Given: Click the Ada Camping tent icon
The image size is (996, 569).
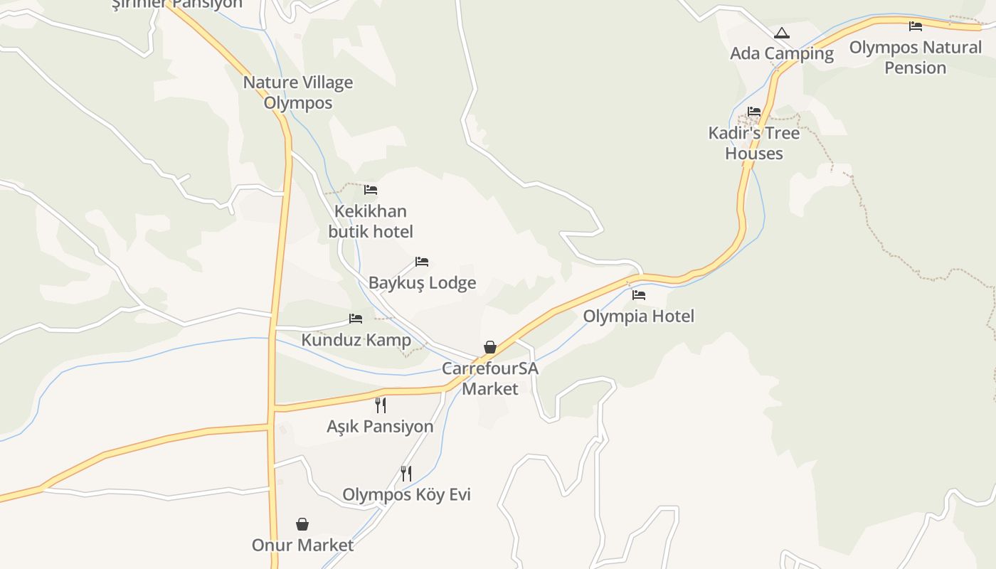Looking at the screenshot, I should (782, 33).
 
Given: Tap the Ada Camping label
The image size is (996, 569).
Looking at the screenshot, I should (782, 53).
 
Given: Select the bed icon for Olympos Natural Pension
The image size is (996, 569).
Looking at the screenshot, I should (916, 26).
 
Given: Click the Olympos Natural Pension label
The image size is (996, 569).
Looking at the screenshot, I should (916, 58).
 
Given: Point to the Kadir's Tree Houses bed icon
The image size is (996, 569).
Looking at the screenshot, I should (754, 112).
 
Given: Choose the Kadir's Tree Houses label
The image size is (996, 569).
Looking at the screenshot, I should (754, 143).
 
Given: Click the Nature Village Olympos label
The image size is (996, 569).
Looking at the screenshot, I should (298, 92).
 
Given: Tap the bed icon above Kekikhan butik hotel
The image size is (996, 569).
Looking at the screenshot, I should (371, 190).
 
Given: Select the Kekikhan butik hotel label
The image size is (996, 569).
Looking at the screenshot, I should (371, 221).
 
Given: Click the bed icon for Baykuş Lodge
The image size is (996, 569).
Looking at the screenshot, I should (422, 262).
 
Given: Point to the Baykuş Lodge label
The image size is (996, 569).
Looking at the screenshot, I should (422, 283).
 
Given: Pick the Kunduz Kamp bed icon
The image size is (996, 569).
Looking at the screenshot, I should (356, 319).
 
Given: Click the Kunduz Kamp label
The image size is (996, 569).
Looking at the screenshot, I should (356, 340).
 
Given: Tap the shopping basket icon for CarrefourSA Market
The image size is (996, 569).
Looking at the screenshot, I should (490, 347).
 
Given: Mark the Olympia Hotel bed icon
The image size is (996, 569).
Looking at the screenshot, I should (639, 294).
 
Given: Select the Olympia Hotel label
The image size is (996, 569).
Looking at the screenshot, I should (639, 316).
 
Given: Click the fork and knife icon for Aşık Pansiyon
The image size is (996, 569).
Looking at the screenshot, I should (381, 405).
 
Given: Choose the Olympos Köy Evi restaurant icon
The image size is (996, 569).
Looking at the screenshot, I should (406, 474).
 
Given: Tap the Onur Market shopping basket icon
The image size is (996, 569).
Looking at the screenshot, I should (302, 524).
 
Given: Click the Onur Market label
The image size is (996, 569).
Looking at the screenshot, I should (302, 546).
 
